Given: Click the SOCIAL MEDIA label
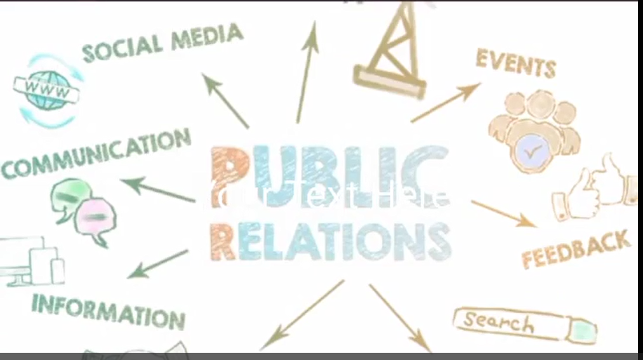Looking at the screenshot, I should coord(162,43).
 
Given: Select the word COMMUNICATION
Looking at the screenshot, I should coord(95,154).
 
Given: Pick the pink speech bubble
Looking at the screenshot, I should coord(95,218).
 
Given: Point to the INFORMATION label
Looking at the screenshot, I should coord(108,309).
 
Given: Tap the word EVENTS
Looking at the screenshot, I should coord(515,63).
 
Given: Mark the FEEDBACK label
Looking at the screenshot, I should coord(576,249).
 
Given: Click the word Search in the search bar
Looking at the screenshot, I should coord(498,322).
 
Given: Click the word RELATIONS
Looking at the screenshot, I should coord(330,242).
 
